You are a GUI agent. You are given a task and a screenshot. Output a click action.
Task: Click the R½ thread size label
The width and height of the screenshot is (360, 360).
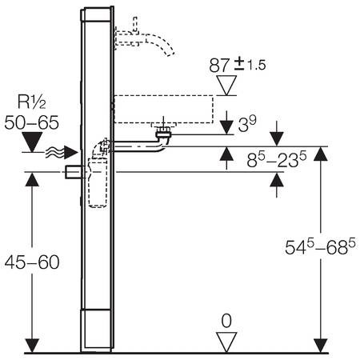coord(31,102)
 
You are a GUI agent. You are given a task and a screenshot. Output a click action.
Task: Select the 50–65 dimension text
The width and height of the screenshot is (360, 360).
coord(31,122)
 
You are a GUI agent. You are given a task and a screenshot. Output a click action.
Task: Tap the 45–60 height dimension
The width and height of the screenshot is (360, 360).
coord(32,262)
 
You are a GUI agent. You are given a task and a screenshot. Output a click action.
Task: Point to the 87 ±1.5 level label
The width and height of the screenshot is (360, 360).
coord(238,66)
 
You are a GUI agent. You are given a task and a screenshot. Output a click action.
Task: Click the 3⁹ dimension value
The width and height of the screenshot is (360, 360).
coord(247,124)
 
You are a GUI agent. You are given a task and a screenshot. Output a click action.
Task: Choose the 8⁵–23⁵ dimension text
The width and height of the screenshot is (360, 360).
coord(276,159)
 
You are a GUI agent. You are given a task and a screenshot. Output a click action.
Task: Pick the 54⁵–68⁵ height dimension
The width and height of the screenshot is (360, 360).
coord(320,246)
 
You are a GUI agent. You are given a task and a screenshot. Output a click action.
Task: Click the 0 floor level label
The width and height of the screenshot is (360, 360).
coord(226,321)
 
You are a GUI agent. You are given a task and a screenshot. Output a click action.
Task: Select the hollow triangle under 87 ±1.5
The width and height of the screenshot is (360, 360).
coord(226,86)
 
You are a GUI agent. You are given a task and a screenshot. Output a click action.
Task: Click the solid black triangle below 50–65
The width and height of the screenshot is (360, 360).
coord(32,142)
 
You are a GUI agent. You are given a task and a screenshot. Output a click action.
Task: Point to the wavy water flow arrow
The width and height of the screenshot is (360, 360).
coord(62,153)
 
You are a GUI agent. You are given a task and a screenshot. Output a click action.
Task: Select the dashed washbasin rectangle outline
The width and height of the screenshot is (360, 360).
coord(164,109)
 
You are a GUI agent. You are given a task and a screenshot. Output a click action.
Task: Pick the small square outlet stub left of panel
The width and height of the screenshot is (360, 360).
coord(73,172)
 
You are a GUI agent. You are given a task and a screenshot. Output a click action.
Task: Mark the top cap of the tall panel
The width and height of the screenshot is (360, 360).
coord(97,14)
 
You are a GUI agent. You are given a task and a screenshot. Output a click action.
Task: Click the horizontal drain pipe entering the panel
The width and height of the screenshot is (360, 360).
coord(136,146)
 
